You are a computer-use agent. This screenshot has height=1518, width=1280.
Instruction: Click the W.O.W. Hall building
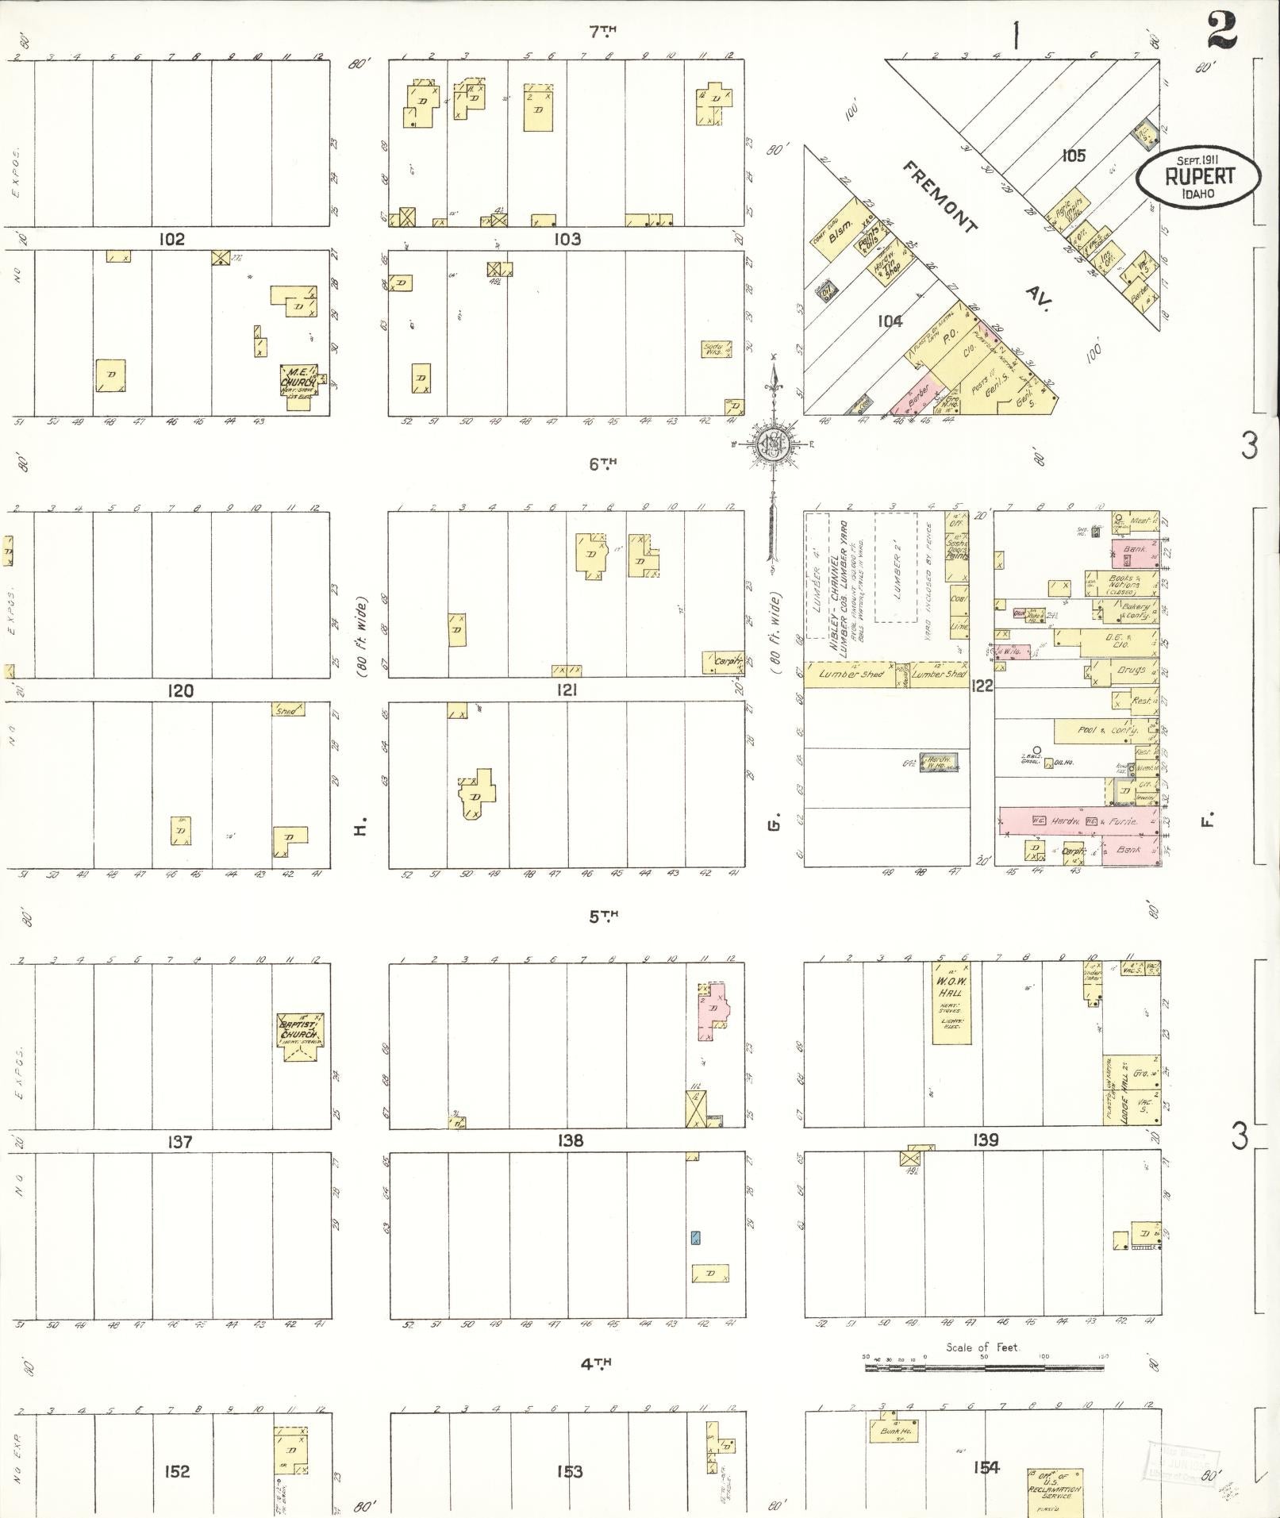click(951, 1001)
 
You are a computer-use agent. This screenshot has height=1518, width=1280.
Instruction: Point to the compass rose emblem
click(768, 443)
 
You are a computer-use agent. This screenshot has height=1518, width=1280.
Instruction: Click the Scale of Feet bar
click(982, 1368)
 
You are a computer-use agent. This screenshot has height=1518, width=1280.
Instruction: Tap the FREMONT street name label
click(939, 195)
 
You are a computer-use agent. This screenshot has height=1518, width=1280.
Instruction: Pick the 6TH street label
click(603, 463)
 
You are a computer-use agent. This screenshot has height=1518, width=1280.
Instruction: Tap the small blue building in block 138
click(696, 1237)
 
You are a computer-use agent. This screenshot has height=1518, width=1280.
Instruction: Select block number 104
click(890, 321)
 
